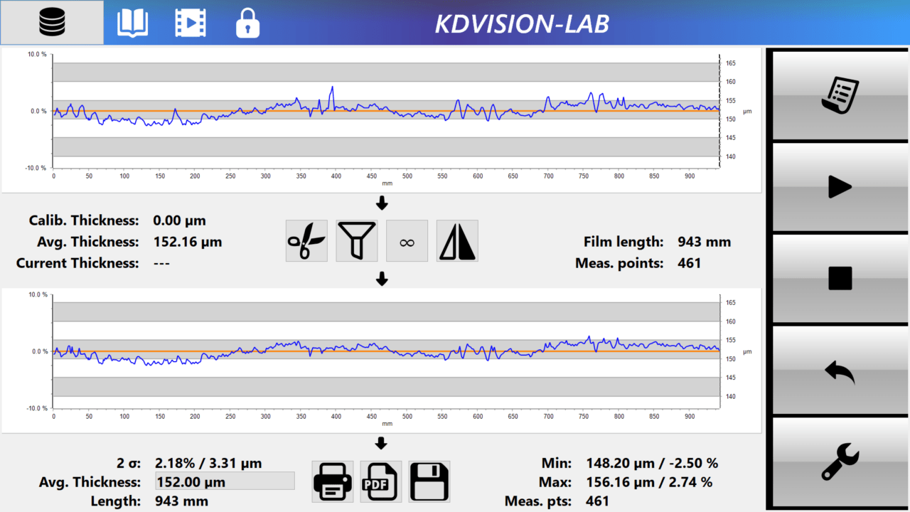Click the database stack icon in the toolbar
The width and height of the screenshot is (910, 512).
(52, 23)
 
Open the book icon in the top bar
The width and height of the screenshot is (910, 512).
(133, 23)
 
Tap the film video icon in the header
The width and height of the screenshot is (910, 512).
(191, 23)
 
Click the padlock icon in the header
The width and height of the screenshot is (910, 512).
(247, 23)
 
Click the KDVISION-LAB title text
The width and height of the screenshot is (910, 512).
(522, 23)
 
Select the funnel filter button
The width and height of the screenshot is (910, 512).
(357, 241)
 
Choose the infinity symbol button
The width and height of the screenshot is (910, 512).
(407, 241)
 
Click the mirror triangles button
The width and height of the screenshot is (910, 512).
(457, 241)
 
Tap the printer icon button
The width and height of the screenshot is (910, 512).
(333, 481)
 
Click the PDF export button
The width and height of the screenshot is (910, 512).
(381, 481)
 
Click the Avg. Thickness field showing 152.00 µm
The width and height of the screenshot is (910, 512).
(225, 481)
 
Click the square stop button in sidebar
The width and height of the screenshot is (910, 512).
(840, 278)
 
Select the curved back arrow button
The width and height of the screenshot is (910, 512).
(840, 370)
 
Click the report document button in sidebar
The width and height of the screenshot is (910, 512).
(840, 95)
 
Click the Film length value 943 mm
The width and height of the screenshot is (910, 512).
(704, 242)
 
